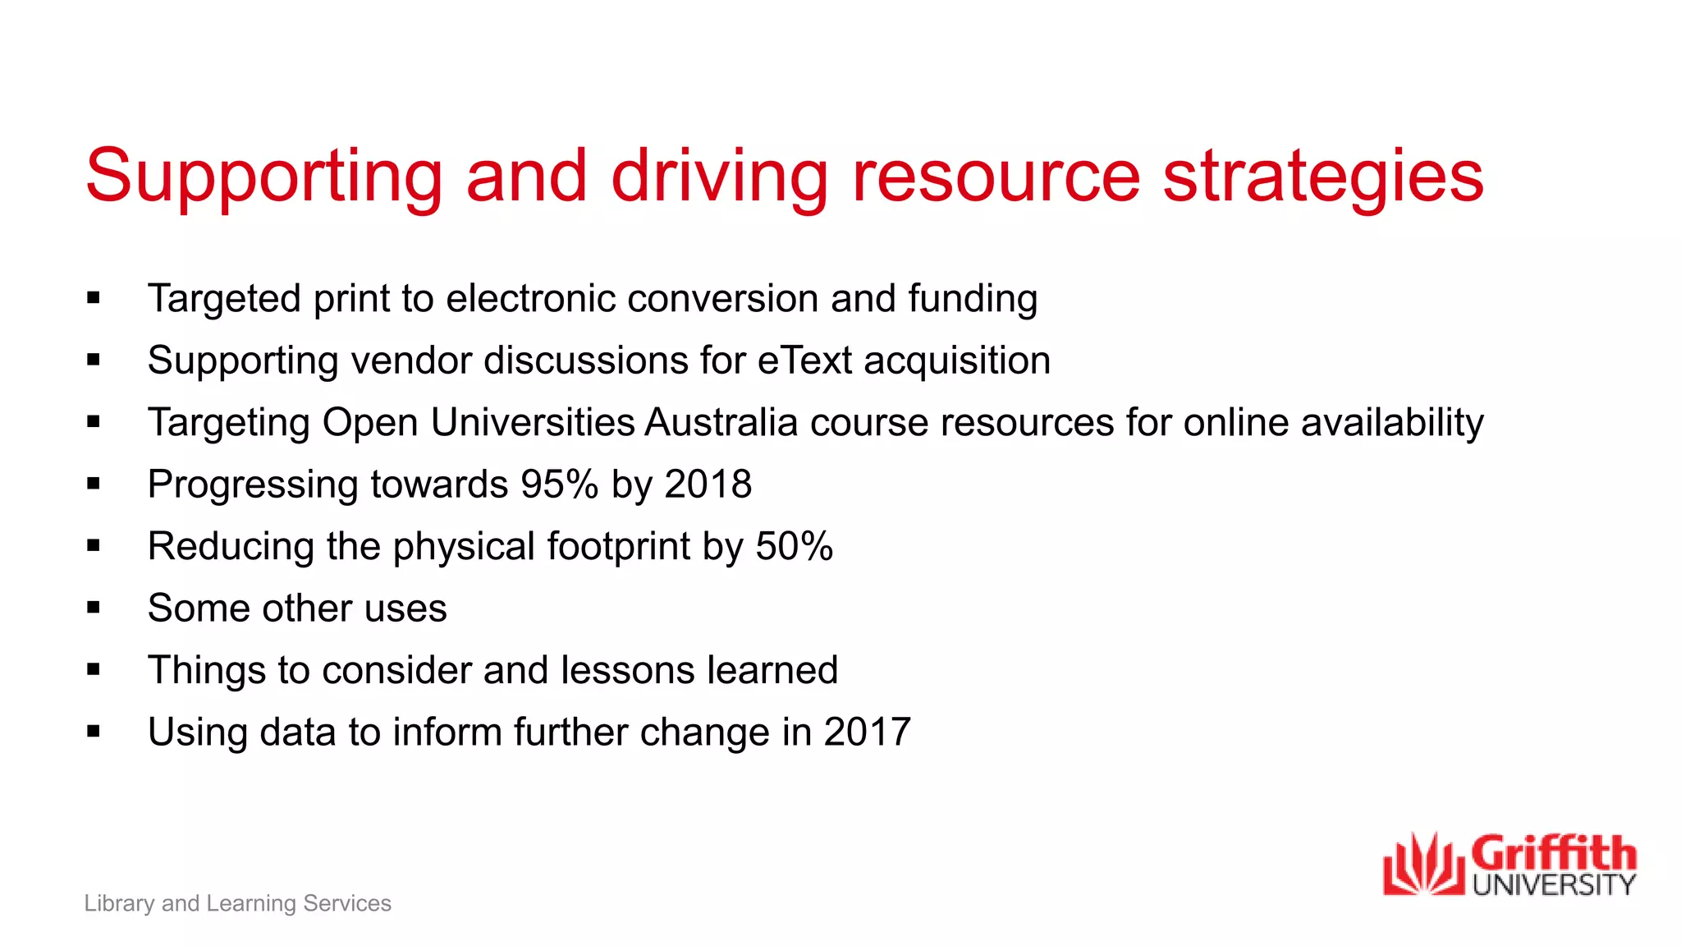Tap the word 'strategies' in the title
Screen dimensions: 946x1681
click(1323, 177)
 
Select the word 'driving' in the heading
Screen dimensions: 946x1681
click(720, 177)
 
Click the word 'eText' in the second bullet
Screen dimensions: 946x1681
click(804, 360)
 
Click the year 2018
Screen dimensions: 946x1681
click(708, 484)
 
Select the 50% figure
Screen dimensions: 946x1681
click(794, 546)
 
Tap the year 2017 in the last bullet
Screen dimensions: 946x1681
click(868, 732)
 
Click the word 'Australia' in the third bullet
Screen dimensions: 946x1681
click(721, 423)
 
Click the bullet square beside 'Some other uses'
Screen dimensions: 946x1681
click(94, 608)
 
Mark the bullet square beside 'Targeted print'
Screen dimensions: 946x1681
click(94, 299)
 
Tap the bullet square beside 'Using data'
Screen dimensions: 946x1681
click(94, 732)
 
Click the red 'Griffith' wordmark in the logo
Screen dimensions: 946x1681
click(1554, 854)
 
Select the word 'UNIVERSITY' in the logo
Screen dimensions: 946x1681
click(1554, 884)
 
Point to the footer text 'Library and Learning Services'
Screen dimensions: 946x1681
click(238, 903)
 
